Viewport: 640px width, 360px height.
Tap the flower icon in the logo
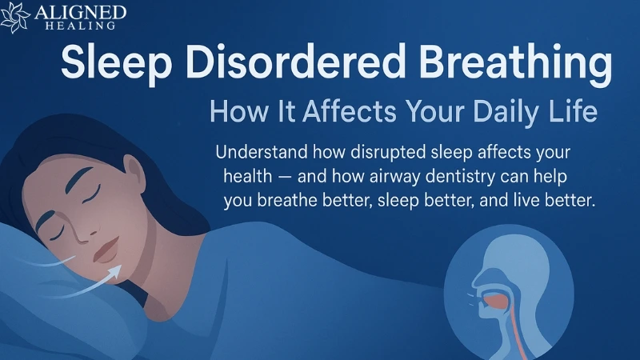pos(14,18)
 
